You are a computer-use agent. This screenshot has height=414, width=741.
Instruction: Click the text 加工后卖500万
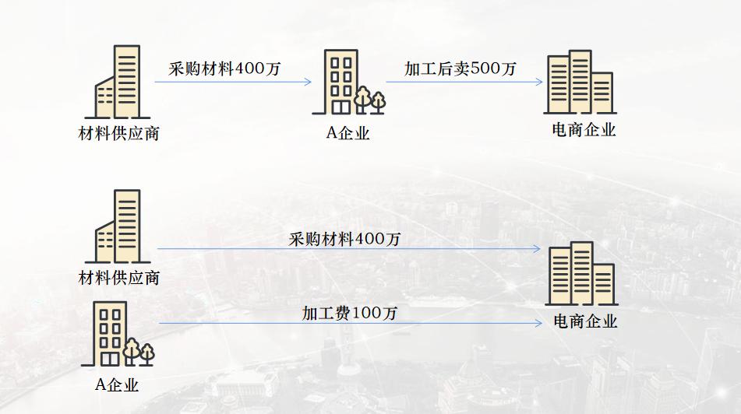pyautogui.click(x=460, y=68)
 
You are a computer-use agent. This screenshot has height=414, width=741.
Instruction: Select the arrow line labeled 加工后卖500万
pyautogui.click(x=460, y=82)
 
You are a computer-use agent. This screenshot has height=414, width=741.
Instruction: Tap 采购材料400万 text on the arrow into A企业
pyautogui.click(x=224, y=68)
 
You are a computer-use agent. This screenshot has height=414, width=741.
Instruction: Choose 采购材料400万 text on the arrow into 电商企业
pyautogui.click(x=344, y=239)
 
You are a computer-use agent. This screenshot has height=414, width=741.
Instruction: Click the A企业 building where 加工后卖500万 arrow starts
pyautogui.click(x=341, y=82)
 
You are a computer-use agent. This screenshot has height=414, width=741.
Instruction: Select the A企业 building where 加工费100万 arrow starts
pyautogui.click(x=109, y=333)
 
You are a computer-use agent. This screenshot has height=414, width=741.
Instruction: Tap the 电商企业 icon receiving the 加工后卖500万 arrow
pyautogui.click(x=579, y=82)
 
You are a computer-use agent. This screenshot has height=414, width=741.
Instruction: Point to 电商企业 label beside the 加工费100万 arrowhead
pyautogui.click(x=584, y=321)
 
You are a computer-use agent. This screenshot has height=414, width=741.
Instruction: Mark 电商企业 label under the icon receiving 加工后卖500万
pyautogui.click(x=583, y=130)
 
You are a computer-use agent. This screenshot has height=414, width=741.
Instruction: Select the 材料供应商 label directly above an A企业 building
pyautogui.click(x=119, y=277)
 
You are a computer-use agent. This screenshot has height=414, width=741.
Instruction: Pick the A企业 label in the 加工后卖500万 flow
pyautogui.click(x=348, y=133)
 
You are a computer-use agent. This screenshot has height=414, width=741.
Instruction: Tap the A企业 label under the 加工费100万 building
pyautogui.click(x=117, y=384)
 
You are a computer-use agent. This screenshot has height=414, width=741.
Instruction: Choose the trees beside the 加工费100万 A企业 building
pyautogui.click(x=139, y=352)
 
